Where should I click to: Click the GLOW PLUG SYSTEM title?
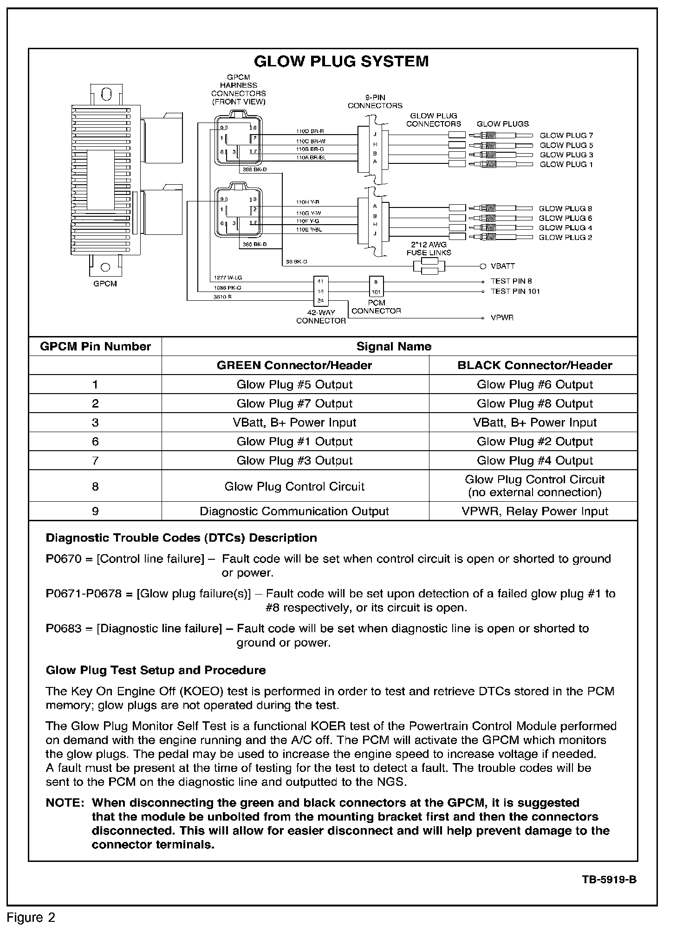point(341,62)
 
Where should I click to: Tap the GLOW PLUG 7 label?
point(566,136)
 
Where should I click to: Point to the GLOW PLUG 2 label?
point(565,238)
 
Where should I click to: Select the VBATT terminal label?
point(503,266)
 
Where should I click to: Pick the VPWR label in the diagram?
point(502,318)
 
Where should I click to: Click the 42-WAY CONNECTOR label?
point(321,317)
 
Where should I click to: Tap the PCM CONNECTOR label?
point(376,307)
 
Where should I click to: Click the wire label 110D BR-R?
point(310,131)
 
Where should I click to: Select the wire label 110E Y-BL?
point(309,229)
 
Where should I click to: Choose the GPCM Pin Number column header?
point(95,347)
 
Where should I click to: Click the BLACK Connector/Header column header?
point(534,365)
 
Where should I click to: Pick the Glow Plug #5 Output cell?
point(294,385)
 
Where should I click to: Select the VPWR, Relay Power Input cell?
point(534,511)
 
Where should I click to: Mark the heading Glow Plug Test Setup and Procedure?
point(156,670)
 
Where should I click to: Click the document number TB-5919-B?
point(609,880)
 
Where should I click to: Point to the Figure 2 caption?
point(31,918)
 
